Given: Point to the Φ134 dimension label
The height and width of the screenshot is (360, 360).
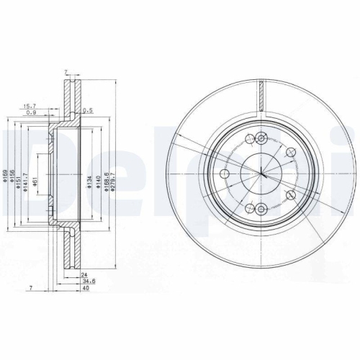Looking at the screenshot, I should [89, 189].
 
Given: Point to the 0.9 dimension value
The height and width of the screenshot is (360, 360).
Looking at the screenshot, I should [32, 113].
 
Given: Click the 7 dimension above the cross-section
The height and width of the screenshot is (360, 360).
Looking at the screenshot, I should [66, 73].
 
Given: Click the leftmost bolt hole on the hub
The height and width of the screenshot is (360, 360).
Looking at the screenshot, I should [224, 174].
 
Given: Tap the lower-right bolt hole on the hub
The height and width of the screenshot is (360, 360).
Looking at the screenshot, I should [290, 196].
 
